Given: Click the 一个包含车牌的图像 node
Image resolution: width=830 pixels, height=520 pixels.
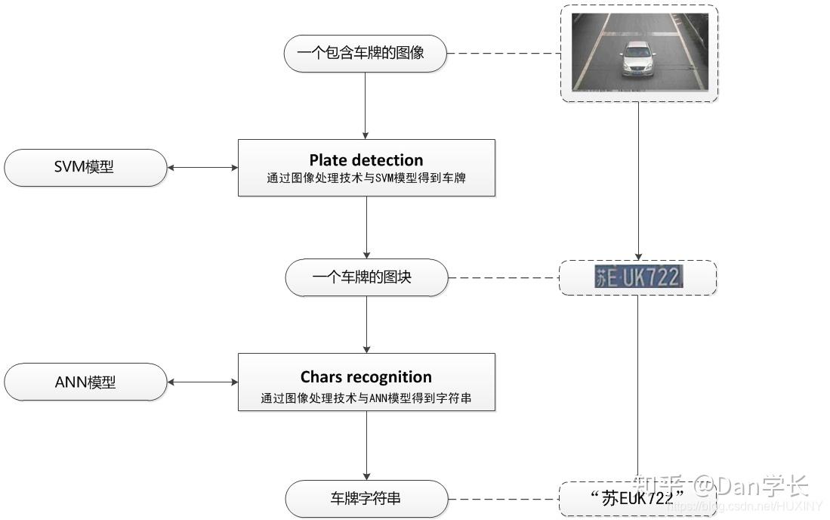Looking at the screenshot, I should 365,54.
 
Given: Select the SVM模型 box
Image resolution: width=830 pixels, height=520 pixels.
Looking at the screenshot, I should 85,167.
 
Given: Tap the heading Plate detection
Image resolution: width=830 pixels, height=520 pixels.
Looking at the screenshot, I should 366,160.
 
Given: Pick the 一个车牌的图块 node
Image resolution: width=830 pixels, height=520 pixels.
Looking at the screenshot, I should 366,277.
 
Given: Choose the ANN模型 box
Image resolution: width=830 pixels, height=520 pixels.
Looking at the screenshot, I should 85,382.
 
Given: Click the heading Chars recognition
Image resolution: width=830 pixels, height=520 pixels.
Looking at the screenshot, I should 366,377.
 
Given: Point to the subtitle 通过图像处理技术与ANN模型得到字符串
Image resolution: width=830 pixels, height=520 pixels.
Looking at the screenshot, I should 366,398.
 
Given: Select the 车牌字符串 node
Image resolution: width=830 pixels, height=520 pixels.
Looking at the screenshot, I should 366,498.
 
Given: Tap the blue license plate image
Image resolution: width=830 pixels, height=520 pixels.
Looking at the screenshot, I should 638,277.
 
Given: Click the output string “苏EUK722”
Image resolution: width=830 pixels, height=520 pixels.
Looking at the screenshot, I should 638,498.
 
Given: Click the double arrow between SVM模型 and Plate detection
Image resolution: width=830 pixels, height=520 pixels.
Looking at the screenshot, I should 202,168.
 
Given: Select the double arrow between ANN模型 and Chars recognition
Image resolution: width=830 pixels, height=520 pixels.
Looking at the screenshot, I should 202,382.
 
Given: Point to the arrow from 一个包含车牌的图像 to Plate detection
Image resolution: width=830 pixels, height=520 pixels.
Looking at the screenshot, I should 366,106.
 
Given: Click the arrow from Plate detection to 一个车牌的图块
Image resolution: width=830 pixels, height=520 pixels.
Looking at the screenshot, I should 366,227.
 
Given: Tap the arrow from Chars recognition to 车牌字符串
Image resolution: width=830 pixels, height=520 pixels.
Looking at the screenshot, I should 366,445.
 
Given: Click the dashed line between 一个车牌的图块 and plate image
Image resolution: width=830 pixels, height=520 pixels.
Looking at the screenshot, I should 503,278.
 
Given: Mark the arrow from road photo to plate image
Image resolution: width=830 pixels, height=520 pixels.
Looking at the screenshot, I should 639,181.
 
